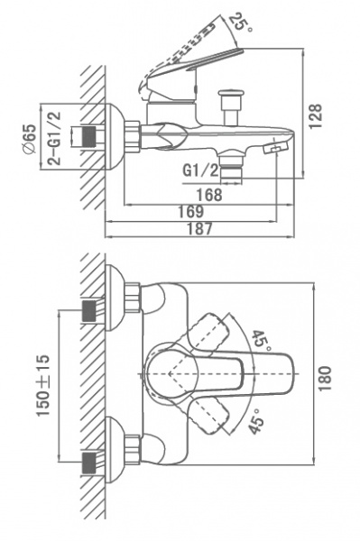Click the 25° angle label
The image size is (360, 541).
coord(241,22)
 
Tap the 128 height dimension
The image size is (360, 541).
coord(315,116)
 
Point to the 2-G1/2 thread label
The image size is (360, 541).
coord(53,138)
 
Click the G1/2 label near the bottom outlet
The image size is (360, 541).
coord(200,170)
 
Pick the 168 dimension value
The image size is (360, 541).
coord(209,195)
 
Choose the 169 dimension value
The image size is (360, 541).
coord(191,212)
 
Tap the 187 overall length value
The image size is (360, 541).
coord(199,228)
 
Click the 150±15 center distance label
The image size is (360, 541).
coord(43,385)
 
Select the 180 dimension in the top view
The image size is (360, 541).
coord(325,378)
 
